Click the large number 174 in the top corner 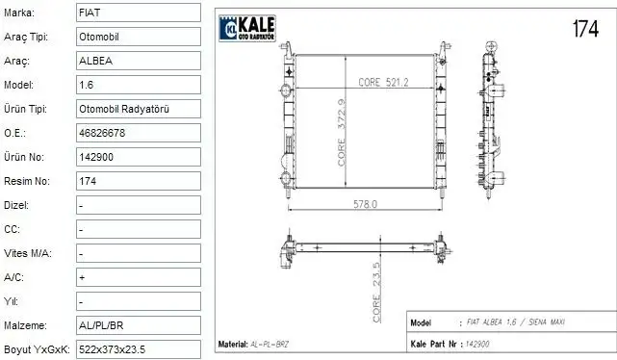pyautogui.click(x=585, y=29)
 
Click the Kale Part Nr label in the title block pyautogui.click(x=431, y=343)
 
